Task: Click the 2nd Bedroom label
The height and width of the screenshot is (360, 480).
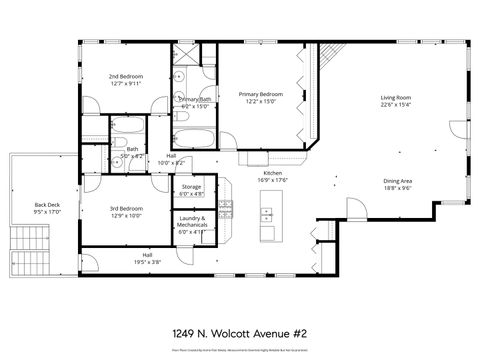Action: point(125,77)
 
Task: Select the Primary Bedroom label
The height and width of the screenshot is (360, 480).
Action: point(261,94)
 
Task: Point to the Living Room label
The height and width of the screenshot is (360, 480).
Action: point(396,98)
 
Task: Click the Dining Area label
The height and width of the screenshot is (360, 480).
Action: point(397,181)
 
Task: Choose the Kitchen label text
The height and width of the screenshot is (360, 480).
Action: point(272,172)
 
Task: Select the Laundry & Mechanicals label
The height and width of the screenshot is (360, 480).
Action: point(192,221)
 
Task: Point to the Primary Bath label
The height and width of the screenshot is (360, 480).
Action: point(193,100)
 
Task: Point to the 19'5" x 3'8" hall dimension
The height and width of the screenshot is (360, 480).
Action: point(147,262)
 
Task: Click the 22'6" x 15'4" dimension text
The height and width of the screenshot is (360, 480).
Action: point(396,105)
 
